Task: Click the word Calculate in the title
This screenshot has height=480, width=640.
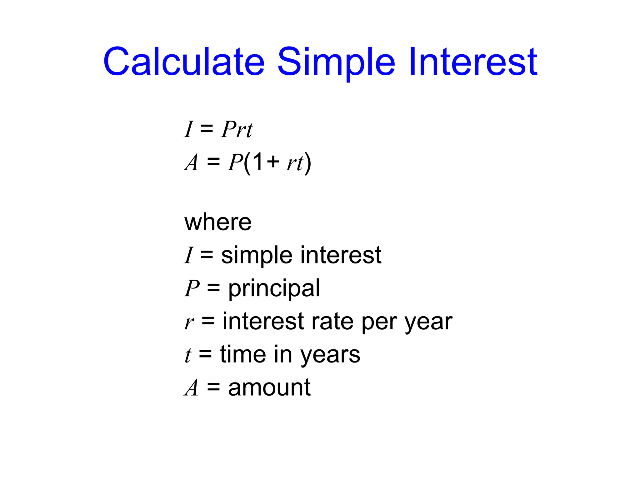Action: click(x=184, y=62)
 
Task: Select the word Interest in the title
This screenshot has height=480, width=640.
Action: click(x=472, y=62)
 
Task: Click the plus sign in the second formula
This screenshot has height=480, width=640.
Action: click(x=273, y=162)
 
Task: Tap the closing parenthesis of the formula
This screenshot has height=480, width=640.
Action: click(x=308, y=163)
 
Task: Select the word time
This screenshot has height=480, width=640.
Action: click(x=243, y=354)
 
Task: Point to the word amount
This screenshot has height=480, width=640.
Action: click(x=269, y=388)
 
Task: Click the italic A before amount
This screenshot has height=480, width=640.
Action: click(x=191, y=388)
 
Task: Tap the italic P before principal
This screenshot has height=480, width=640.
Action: click(x=192, y=288)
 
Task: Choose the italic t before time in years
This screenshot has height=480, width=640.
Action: click(x=187, y=355)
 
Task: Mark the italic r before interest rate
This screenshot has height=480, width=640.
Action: click(x=189, y=322)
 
